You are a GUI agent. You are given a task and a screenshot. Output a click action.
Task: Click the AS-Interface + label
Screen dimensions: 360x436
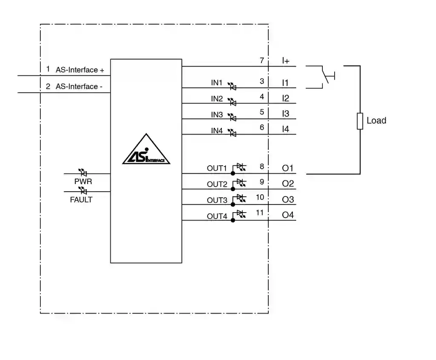coord(80,70)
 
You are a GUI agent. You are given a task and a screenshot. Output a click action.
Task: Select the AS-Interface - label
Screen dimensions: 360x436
coord(79,86)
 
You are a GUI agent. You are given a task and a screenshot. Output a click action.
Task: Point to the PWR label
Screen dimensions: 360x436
coord(83,181)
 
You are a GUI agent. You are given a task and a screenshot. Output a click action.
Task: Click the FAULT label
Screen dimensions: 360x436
coord(81,199)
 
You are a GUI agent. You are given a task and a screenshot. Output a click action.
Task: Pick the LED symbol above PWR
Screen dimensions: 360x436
coord(83,173)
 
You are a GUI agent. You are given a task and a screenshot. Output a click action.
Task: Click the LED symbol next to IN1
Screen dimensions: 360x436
coord(232,86)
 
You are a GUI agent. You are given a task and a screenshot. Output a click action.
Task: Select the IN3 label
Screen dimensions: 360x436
coord(217,115)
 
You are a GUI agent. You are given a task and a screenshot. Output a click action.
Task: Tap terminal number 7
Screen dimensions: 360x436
coord(262,60)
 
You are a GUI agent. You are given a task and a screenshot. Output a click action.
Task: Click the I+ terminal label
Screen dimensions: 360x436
coord(286,61)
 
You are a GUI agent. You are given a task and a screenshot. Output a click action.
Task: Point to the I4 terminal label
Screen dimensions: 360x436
coord(285,129)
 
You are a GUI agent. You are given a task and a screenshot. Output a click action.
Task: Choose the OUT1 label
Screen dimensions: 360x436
coord(217,168)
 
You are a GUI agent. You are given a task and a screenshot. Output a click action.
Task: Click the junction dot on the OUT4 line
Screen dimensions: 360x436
coord(233,220)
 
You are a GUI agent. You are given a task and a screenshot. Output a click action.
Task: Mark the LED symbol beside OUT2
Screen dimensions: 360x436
coord(241,182)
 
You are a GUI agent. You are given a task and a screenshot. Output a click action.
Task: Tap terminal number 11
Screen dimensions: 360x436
coord(260,213)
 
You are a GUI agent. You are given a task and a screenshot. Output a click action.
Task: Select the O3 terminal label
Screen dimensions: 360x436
coord(288,200)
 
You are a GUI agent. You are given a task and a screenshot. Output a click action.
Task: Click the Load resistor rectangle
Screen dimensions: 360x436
coord(360,121)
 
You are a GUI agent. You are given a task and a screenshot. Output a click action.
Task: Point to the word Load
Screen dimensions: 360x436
coord(376,121)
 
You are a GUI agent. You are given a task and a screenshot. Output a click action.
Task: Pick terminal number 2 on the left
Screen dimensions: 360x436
coord(48,86)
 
